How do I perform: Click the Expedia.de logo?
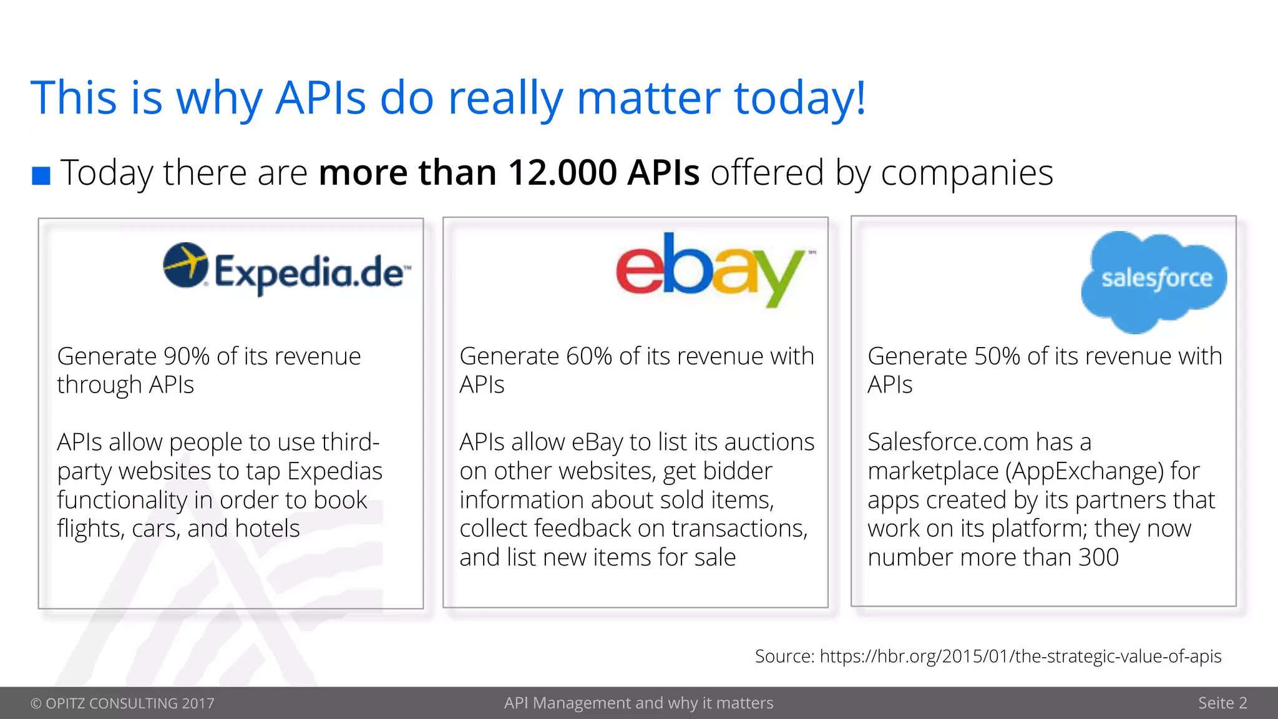pos(286,270)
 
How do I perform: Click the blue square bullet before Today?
pos(41,175)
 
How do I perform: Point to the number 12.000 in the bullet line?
pos(562,173)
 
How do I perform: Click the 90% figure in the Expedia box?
pos(186,356)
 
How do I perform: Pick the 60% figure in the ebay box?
pos(588,356)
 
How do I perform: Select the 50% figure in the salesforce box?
pos(997,356)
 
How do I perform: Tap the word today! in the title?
pos(800,99)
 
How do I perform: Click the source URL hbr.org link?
pos(1020,656)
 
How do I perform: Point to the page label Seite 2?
pos(1222,703)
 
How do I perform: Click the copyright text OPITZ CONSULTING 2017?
pos(122,703)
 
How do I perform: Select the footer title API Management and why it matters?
pos(638,703)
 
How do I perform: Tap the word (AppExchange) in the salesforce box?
pos(1085,471)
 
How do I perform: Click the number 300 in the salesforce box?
pos(1098,557)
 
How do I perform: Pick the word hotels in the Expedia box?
pos(267,529)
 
